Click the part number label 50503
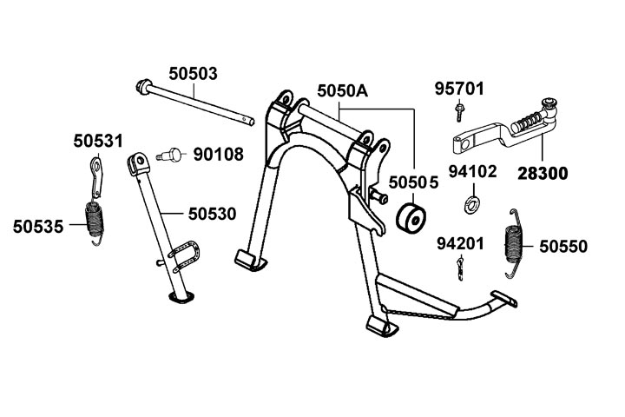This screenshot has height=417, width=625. click(x=193, y=74)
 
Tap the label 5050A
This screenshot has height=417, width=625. click(x=342, y=90)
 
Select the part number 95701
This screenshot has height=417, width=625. click(x=460, y=89)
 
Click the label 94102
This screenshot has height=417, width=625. click(x=472, y=171)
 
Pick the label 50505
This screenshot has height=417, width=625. click(x=413, y=183)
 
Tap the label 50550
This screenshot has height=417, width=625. click(x=562, y=247)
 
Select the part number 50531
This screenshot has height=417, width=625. click(x=97, y=140)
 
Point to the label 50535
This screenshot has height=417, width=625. click(x=38, y=227)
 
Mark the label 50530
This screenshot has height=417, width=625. click(x=212, y=212)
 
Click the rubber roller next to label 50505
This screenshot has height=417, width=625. click(x=411, y=219)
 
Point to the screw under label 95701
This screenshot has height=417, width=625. click(x=459, y=110)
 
